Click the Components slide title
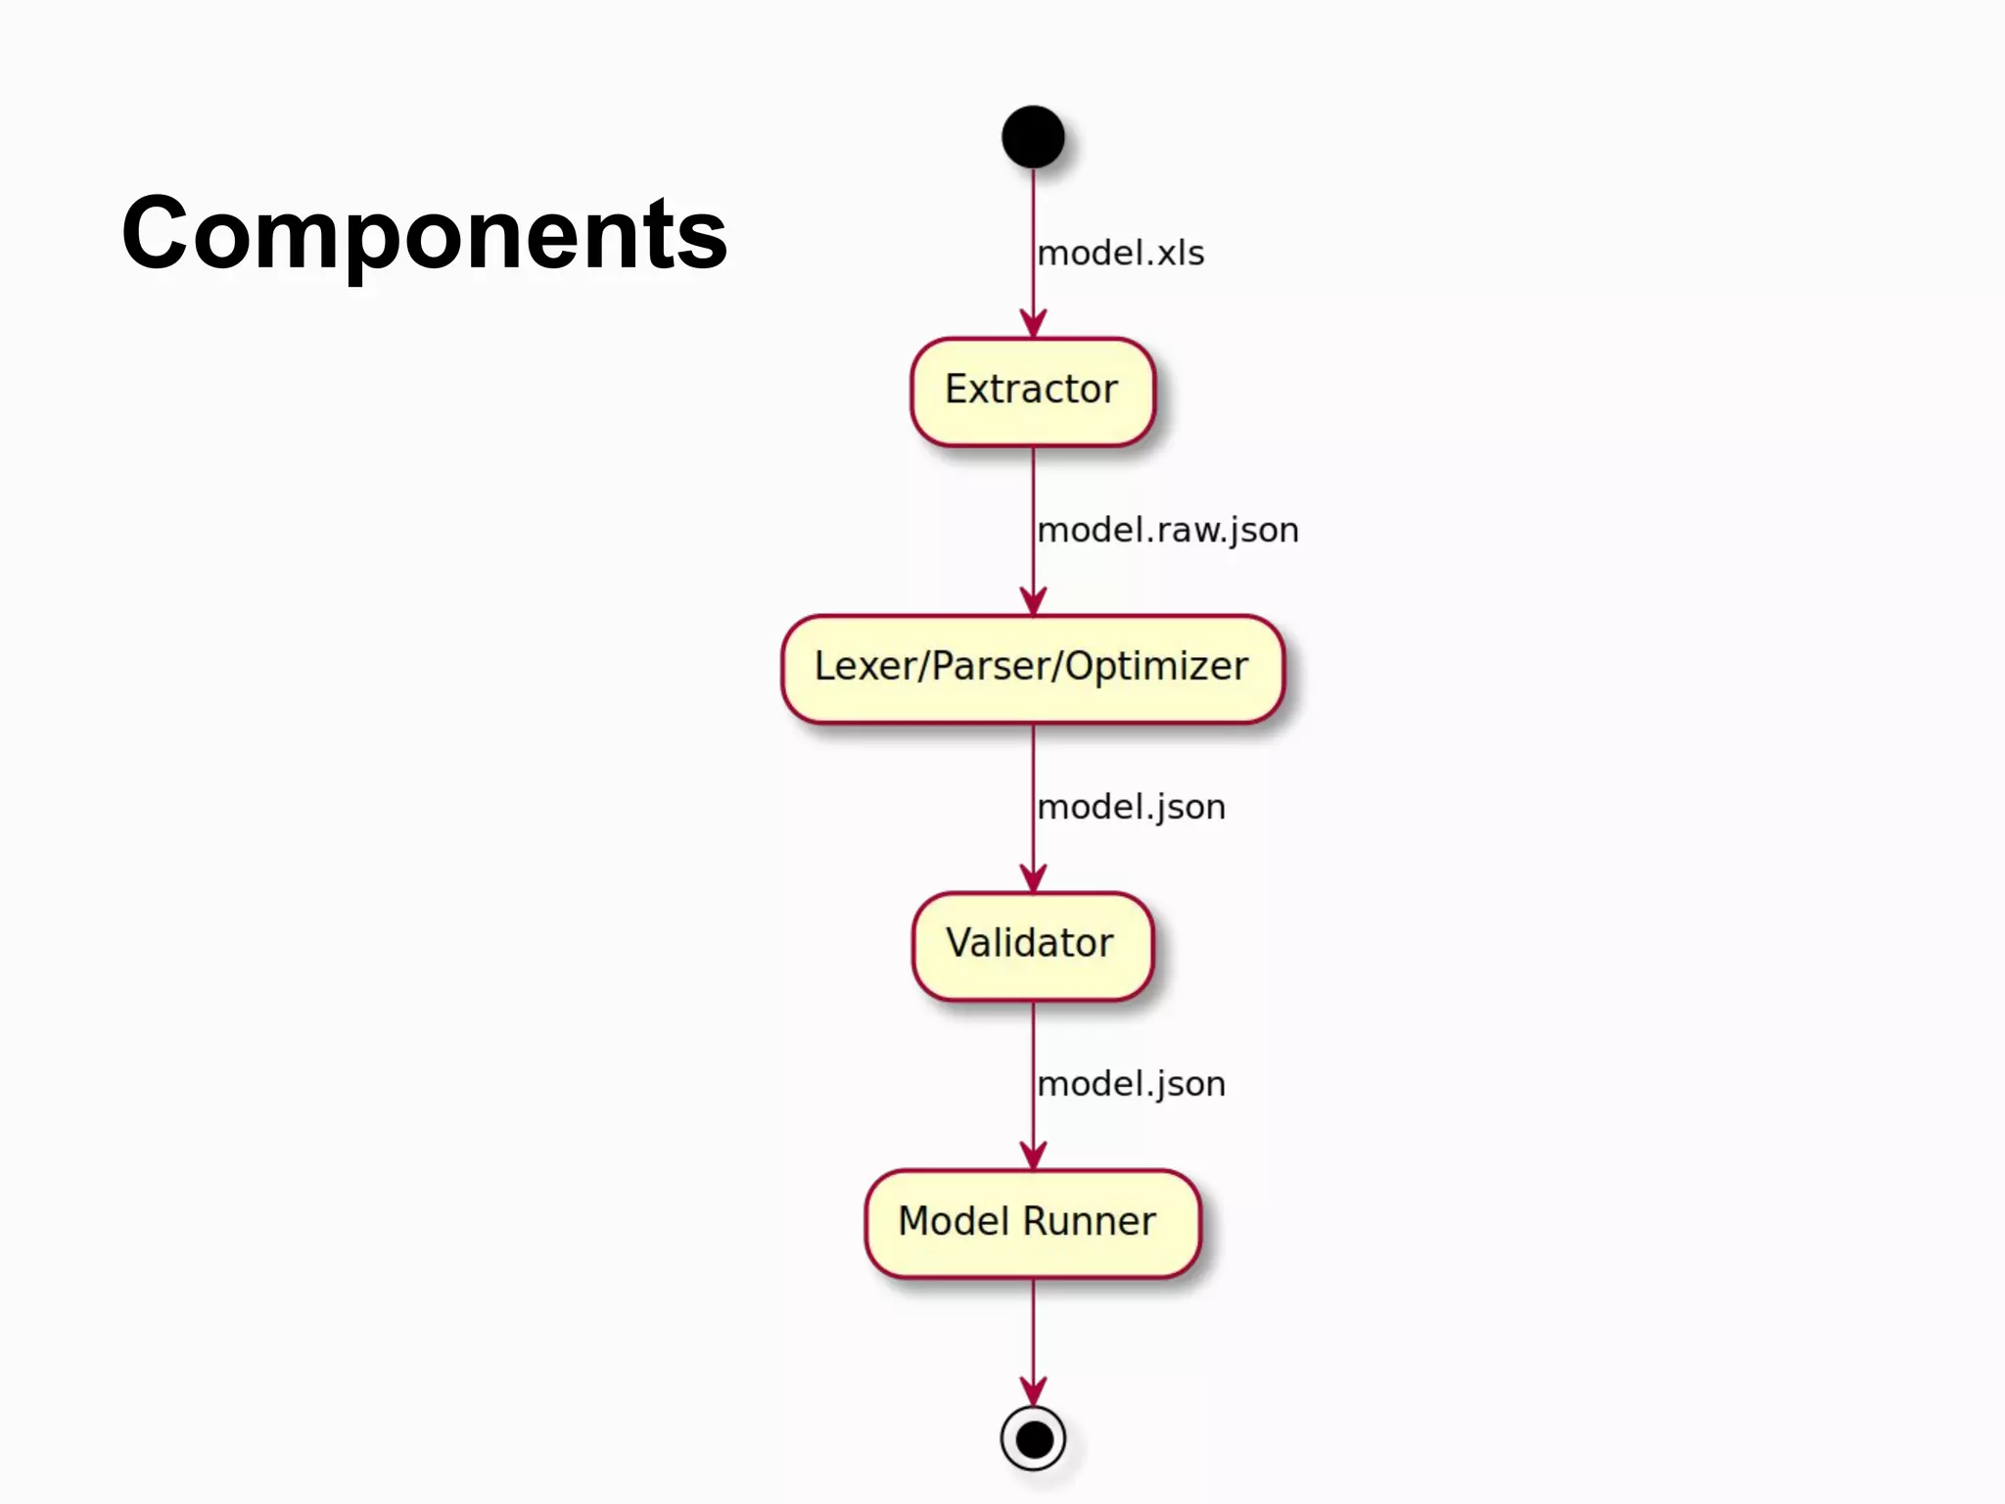(x=424, y=234)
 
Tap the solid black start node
(x=1033, y=137)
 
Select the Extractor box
(x=1032, y=391)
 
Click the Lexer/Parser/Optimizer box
(x=1032, y=669)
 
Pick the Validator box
(x=1032, y=945)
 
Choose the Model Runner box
(x=1032, y=1223)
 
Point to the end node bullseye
(x=1033, y=1438)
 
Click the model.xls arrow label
(x=1121, y=254)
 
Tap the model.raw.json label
(x=1168, y=531)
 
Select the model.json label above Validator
(x=1132, y=808)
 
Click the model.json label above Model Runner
(x=1132, y=1085)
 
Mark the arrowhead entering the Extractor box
(x=1033, y=325)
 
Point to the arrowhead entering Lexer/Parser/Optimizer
(x=1033, y=602)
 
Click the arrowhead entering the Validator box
(x=1033, y=879)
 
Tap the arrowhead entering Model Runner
(x=1033, y=1156)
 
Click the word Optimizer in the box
(x=1156, y=667)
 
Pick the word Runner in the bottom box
(x=1090, y=1222)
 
